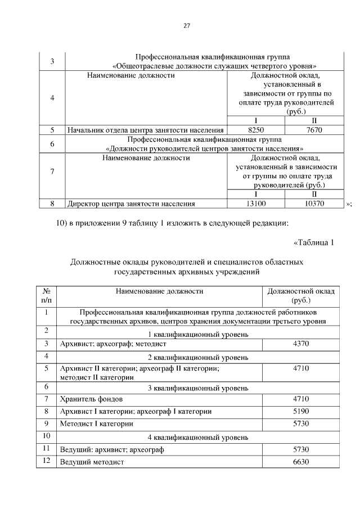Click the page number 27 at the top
[x=187, y=25]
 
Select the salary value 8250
[x=256, y=129]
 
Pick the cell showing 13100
[x=256, y=204]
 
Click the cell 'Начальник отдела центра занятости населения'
[x=146, y=129]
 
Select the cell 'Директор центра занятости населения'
[x=131, y=204]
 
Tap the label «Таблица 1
[x=314, y=243]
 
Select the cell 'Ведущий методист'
[x=92, y=462]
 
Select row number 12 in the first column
[x=47, y=461]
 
